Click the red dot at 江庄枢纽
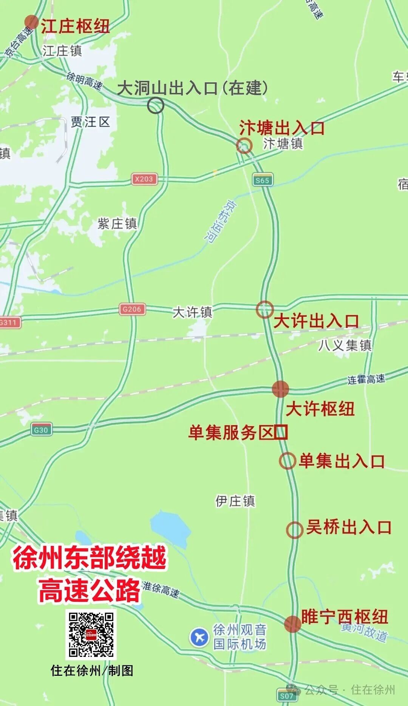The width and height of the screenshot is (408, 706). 31,22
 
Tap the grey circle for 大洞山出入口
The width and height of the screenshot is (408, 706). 155,105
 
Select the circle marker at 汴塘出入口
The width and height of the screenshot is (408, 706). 244,145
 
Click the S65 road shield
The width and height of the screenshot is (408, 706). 262,180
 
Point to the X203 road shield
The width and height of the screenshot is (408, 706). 144,179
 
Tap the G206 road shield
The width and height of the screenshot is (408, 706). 131,309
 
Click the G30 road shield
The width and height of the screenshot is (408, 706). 41,430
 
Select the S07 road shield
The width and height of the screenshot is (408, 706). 286,695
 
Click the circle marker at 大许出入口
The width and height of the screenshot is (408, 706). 264,310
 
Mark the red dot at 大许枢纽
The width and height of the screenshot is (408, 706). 280,389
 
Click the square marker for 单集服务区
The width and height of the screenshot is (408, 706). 281,432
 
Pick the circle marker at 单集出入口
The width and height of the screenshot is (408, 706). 287,461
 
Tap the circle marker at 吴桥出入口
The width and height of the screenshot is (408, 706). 294,530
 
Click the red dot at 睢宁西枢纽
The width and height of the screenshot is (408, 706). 292,624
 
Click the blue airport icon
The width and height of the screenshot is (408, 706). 199,637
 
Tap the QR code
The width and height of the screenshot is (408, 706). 91,635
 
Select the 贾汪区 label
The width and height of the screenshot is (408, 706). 90,122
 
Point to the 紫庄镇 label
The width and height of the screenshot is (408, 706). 117,224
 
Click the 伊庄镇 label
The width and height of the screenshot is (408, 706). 235,501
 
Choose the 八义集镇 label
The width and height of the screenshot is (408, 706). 345,345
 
